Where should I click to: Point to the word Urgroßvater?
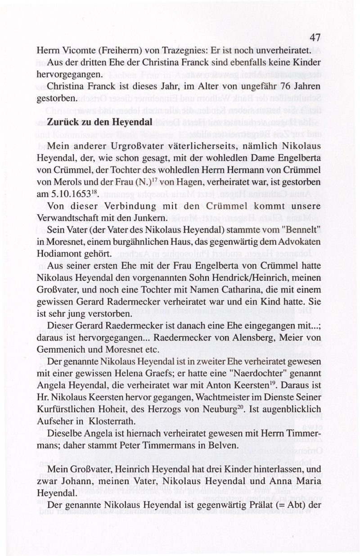point(133,146)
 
